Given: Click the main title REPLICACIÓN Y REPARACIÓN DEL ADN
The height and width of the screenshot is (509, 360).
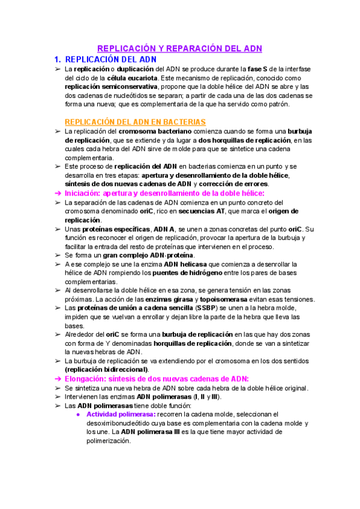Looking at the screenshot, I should tap(179, 49).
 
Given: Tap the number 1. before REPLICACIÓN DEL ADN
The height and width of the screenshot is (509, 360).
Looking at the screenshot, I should tap(58, 59).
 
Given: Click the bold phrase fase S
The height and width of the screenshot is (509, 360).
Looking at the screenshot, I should tap(256, 70).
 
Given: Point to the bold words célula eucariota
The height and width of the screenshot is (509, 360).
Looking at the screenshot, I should tap(133, 78).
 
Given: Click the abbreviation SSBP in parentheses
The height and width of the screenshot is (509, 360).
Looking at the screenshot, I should tap(207, 308).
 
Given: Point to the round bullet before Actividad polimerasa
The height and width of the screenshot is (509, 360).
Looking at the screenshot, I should tap(79, 414).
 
